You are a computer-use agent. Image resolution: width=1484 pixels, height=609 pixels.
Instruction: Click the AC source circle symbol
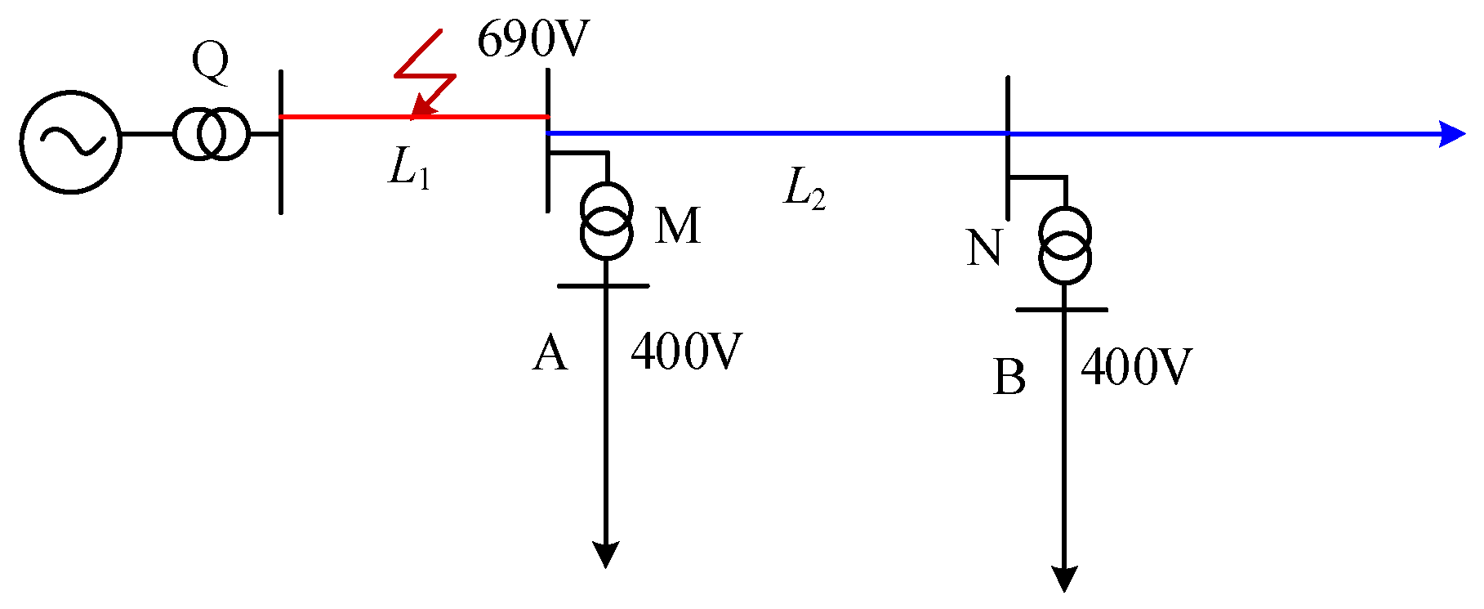tap(71, 141)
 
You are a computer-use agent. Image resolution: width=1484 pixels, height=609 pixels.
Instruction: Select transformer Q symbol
tap(210, 134)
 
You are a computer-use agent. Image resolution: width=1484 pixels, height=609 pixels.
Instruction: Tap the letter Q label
tap(210, 62)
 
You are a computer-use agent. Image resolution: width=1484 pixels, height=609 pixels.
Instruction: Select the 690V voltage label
tap(533, 39)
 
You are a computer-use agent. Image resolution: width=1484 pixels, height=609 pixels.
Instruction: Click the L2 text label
tap(804, 190)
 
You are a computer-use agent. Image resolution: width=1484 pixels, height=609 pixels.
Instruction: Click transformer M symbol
tap(606, 221)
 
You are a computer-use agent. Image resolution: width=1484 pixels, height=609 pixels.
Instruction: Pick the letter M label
tap(677, 226)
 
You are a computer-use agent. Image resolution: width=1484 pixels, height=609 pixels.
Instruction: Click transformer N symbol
tap(1064, 245)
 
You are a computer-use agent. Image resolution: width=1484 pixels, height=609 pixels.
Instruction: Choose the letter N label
tap(984, 248)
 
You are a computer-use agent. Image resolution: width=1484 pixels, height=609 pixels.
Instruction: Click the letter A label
tap(550, 354)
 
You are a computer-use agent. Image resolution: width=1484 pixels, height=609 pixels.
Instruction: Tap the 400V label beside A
tap(686, 352)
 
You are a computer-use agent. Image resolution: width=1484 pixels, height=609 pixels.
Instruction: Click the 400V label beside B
tap(1136, 367)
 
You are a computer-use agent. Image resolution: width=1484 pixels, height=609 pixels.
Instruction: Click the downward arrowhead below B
tap(1064, 579)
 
